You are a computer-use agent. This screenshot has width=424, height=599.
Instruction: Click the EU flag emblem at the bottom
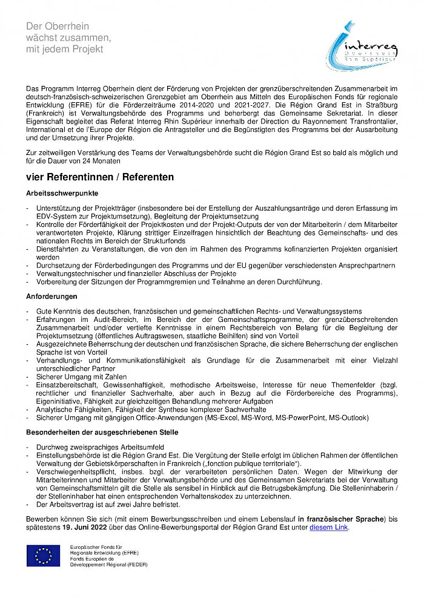(43, 555)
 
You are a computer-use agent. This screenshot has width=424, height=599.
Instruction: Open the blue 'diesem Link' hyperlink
(330, 528)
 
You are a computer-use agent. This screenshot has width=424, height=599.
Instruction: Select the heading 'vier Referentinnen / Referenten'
(100, 177)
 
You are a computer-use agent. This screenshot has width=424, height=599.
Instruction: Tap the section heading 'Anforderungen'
(52, 296)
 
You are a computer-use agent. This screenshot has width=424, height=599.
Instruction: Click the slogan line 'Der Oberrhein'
(58, 26)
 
